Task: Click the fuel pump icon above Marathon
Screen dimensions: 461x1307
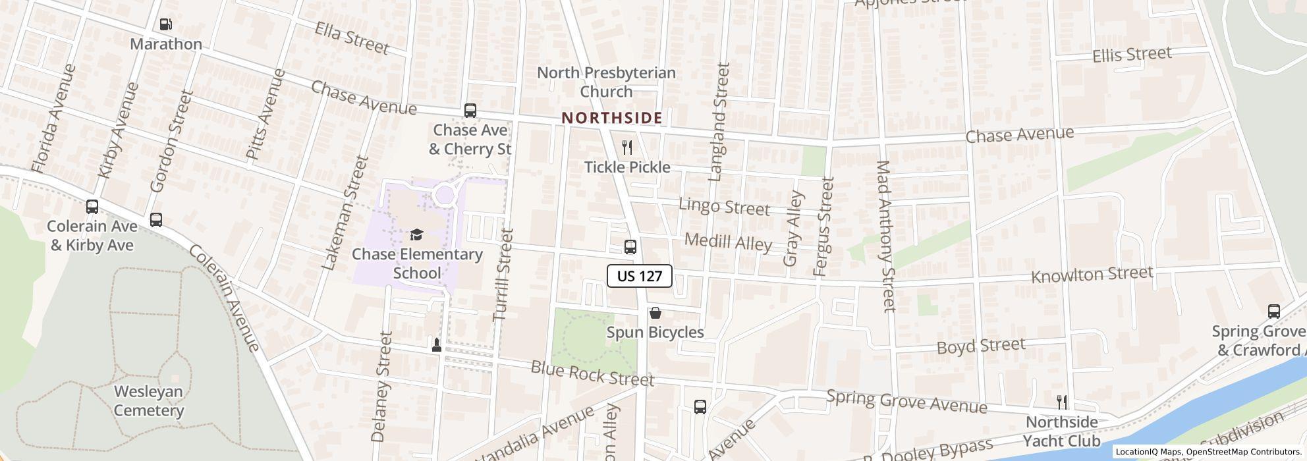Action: (166, 24)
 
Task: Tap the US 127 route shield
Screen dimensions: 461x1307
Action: (639, 276)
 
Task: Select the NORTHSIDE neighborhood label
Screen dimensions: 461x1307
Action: (611, 118)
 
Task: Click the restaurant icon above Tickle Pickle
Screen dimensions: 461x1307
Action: (627, 148)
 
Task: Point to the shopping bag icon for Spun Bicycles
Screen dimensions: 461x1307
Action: (655, 313)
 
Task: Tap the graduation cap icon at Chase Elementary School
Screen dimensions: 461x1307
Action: (416, 235)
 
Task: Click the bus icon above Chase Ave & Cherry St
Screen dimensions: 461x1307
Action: (470, 111)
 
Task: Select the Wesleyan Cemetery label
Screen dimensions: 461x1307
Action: (148, 401)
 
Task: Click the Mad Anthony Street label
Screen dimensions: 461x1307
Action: (885, 235)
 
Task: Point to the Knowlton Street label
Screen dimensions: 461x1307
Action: (1092, 275)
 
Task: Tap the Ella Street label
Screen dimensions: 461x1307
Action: (351, 38)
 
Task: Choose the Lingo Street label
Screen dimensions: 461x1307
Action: (724, 207)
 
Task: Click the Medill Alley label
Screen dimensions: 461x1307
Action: (728, 242)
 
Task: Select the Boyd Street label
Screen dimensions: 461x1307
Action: (980, 346)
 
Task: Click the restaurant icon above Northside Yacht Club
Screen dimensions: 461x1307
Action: (1061, 402)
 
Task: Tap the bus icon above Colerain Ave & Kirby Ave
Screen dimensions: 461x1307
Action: (92, 207)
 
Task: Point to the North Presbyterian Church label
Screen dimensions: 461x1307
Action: (606, 82)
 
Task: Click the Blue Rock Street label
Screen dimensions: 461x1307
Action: (592, 374)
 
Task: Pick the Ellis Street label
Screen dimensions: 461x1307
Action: (1131, 55)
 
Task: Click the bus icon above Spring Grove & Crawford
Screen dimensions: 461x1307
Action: (1273, 312)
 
